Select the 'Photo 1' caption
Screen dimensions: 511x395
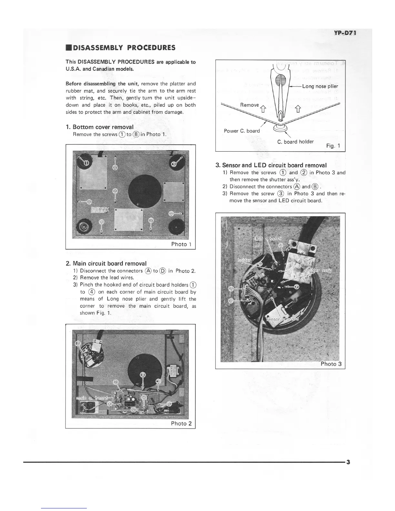pyautogui.click(x=181, y=244)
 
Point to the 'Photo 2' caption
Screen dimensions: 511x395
pyautogui.click(x=181, y=424)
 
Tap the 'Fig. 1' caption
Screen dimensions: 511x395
pyautogui.click(x=333, y=146)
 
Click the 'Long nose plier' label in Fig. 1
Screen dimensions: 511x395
pyautogui.click(x=320, y=86)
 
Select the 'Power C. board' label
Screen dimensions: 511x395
pyautogui.click(x=242, y=131)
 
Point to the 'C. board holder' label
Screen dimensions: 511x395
pyautogui.click(x=295, y=142)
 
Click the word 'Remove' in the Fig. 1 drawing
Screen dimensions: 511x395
pyautogui.click(x=249, y=105)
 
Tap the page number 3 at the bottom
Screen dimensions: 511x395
pyautogui.click(x=348, y=462)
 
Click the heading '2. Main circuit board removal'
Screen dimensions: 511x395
pyautogui.click(x=109, y=263)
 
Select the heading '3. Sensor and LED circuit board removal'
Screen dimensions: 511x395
pyautogui.click(x=271, y=165)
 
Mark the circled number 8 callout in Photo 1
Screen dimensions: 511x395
pyautogui.click(x=172, y=214)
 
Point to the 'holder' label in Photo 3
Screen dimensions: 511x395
pyautogui.click(x=244, y=261)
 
